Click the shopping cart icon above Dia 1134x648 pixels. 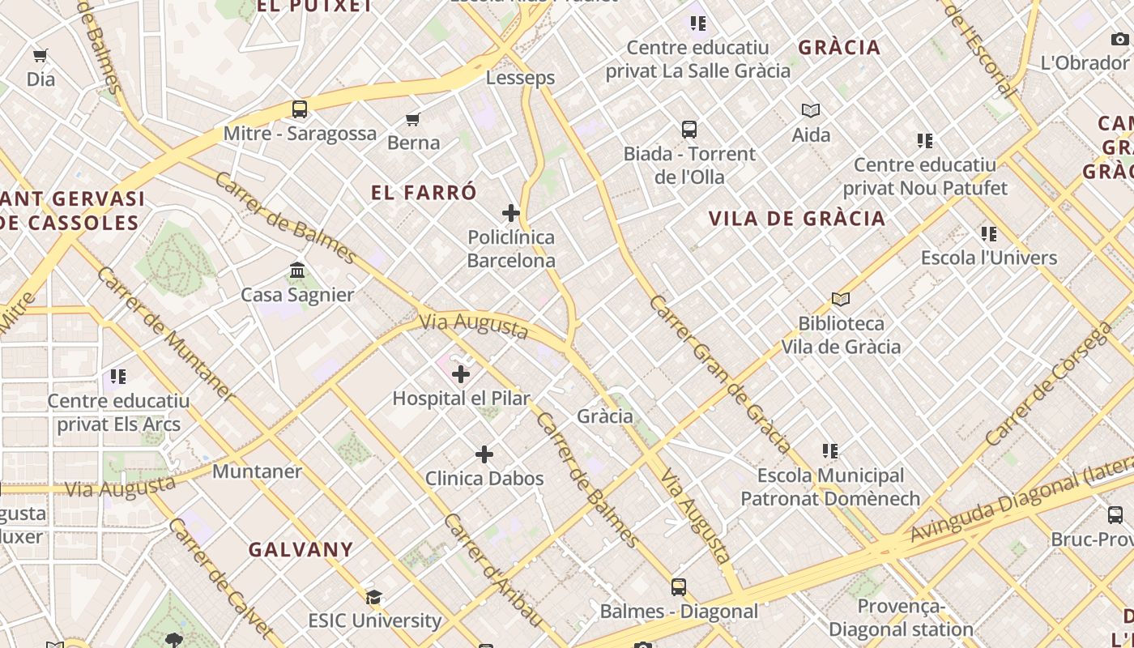tap(40, 56)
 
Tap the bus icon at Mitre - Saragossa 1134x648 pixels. tap(300, 109)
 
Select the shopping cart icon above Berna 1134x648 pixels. tap(413, 120)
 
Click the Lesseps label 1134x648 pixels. tap(520, 78)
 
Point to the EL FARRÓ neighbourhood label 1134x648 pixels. tap(424, 193)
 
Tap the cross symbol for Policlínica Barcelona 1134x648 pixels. tap(511, 213)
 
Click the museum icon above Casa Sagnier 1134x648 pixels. tap(297, 271)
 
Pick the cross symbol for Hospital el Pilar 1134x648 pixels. tap(461, 374)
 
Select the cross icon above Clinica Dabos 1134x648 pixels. tap(484, 454)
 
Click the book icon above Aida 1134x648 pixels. tap(811, 111)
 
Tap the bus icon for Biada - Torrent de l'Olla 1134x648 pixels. tap(689, 130)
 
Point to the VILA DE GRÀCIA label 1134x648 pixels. tap(797, 219)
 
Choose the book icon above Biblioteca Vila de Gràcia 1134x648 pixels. tap(841, 300)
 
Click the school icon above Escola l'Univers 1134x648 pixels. tap(989, 234)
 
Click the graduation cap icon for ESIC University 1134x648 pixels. tap(373, 598)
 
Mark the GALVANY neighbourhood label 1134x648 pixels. tap(301, 550)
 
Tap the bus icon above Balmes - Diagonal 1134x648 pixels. tap(679, 587)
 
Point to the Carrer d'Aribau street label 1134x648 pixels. tap(492, 569)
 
